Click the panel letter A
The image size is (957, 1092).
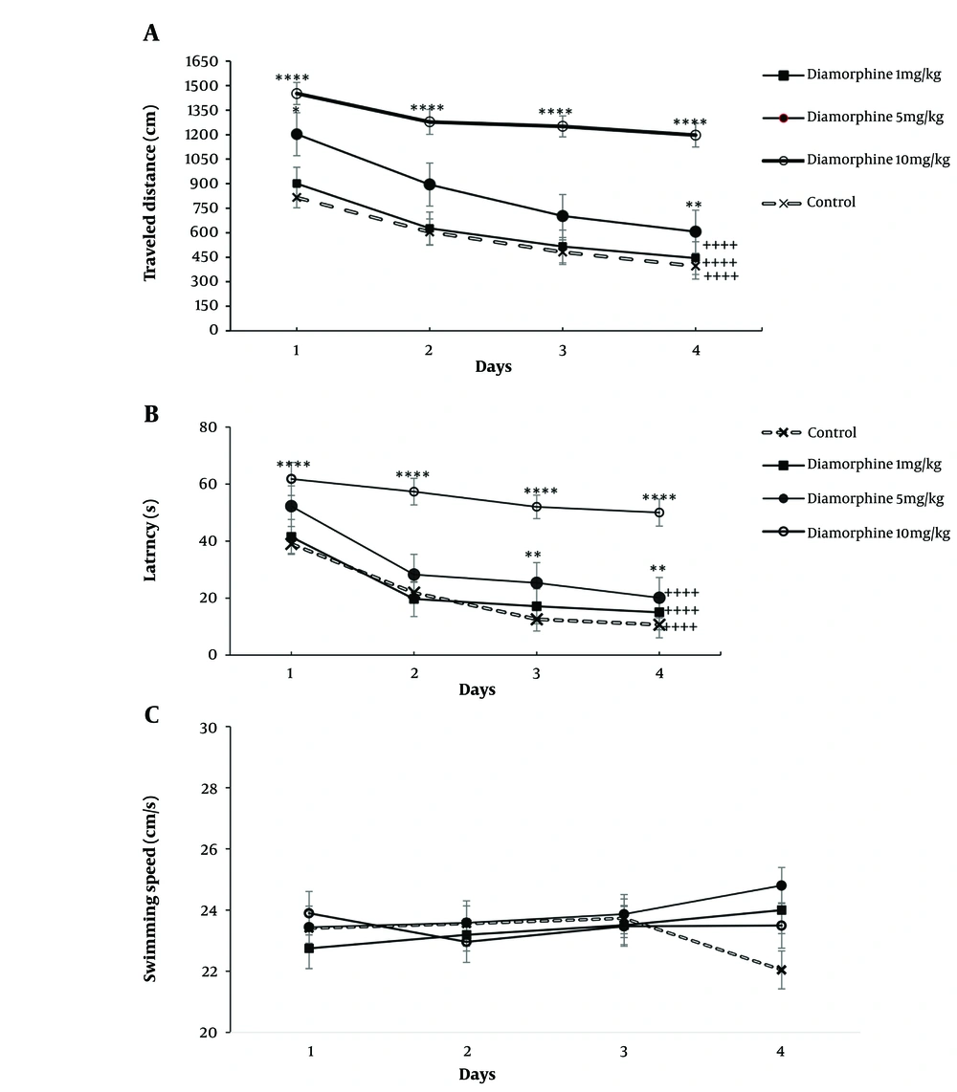click(x=151, y=33)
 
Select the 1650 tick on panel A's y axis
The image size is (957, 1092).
click(x=208, y=61)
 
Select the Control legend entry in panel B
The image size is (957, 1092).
click(x=830, y=432)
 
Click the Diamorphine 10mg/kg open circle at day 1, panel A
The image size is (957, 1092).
click(x=297, y=94)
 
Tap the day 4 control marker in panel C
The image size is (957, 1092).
click(x=781, y=970)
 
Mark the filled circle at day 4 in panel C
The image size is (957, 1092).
click(x=781, y=885)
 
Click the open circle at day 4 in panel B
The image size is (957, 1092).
click(x=659, y=513)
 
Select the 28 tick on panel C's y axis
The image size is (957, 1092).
click(x=215, y=789)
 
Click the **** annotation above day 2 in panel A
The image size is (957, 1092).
click(x=427, y=108)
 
